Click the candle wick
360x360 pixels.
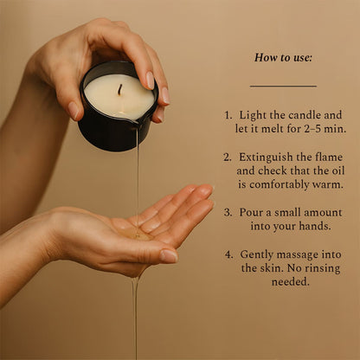coord(119,89)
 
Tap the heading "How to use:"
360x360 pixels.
coord(283,58)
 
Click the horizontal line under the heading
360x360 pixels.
coord(283,87)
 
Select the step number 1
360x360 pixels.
coord(228,115)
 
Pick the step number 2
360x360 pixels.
coord(228,157)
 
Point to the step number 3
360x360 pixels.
coord(228,212)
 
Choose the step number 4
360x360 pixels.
coord(228,254)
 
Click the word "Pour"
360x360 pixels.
coord(253,212)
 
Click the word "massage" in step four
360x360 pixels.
coord(305,254)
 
